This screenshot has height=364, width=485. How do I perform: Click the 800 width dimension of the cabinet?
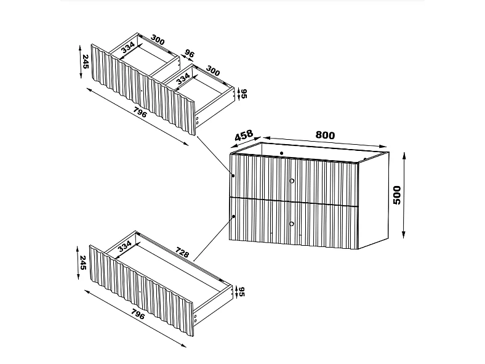[x=325, y=135]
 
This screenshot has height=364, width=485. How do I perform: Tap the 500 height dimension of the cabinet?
[x=397, y=195]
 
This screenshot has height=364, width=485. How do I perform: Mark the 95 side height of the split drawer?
[x=244, y=94]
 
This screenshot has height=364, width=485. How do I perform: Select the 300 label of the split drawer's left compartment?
[x=158, y=41]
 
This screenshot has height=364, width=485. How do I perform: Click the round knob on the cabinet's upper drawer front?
[x=291, y=180]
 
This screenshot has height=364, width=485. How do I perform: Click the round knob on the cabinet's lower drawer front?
[x=291, y=223]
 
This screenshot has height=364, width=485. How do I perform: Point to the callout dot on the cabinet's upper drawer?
[x=234, y=176]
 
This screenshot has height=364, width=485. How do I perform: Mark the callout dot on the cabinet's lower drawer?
[x=234, y=217]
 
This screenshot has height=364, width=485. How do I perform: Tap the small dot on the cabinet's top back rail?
[x=281, y=152]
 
